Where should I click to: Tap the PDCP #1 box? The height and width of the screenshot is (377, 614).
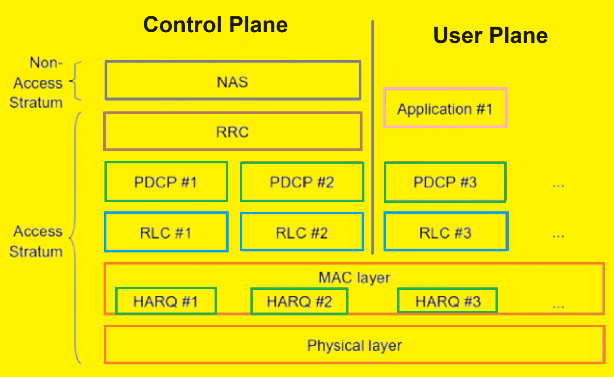click(166, 182)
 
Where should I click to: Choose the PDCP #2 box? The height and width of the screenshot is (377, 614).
click(302, 182)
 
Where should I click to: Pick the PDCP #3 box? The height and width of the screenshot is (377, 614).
click(445, 182)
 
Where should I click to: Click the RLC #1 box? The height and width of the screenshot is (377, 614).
click(166, 232)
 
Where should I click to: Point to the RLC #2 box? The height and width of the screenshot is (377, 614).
click(302, 232)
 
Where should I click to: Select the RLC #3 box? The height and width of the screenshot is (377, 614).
click(446, 232)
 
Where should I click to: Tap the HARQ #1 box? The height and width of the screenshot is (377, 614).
click(166, 301)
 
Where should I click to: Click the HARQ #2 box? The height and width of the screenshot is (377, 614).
click(299, 301)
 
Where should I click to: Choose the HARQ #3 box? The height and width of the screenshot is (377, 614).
click(447, 300)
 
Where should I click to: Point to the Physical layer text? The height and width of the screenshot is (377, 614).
click(355, 346)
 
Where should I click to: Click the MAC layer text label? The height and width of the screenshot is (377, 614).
click(355, 278)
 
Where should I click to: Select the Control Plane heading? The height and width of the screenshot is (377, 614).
click(216, 24)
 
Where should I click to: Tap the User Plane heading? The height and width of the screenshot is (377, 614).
click(490, 35)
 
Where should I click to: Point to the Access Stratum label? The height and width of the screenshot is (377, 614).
click(36, 241)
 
